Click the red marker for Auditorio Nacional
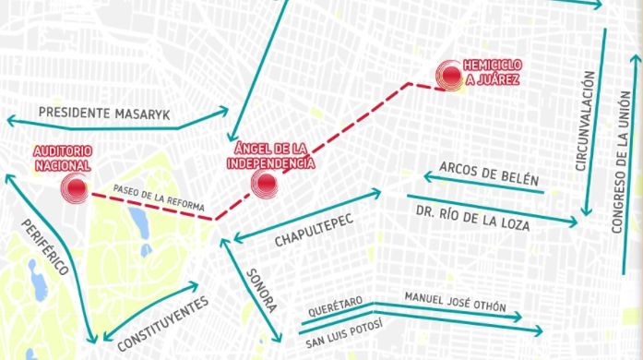click(x=75, y=189)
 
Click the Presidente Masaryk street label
click(x=105, y=113)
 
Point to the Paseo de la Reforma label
click(x=159, y=198)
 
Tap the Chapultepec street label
click(x=315, y=228)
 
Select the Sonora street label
click(x=260, y=292)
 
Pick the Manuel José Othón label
click(x=455, y=303)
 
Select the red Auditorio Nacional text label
click(x=62, y=158)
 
